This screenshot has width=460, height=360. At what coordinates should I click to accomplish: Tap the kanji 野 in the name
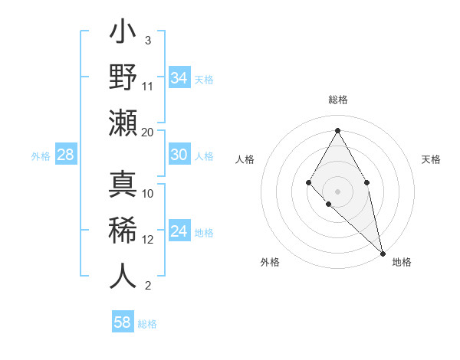[x=123, y=77]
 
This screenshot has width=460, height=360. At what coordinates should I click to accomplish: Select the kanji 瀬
[x=123, y=123]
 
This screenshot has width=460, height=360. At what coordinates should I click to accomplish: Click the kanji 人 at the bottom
[x=123, y=276]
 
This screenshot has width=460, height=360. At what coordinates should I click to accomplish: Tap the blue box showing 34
[x=179, y=77]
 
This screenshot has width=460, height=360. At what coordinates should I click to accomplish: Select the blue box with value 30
[x=179, y=155]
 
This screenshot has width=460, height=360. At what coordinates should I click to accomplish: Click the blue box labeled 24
[x=179, y=231]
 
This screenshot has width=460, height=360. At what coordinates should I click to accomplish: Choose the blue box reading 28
[x=66, y=155]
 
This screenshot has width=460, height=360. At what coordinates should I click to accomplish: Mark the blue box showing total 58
[x=123, y=322]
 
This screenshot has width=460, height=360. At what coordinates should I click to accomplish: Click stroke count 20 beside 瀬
[x=148, y=132]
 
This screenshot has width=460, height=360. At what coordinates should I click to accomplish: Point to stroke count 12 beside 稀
[x=149, y=239]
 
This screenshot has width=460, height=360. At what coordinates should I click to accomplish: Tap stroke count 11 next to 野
[x=148, y=86]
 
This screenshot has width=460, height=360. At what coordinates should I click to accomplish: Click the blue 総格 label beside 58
[x=147, y=324]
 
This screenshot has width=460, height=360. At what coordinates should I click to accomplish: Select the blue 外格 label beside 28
[x=41, y=156]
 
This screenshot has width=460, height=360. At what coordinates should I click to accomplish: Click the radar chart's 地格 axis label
[x=402, y=262]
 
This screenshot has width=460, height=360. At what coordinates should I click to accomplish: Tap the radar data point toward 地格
[x=382, y=253]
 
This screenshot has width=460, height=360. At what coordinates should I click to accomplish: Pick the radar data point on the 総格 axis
[x=337, y=130]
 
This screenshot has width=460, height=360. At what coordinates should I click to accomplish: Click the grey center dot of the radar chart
[x=337, y=191]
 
